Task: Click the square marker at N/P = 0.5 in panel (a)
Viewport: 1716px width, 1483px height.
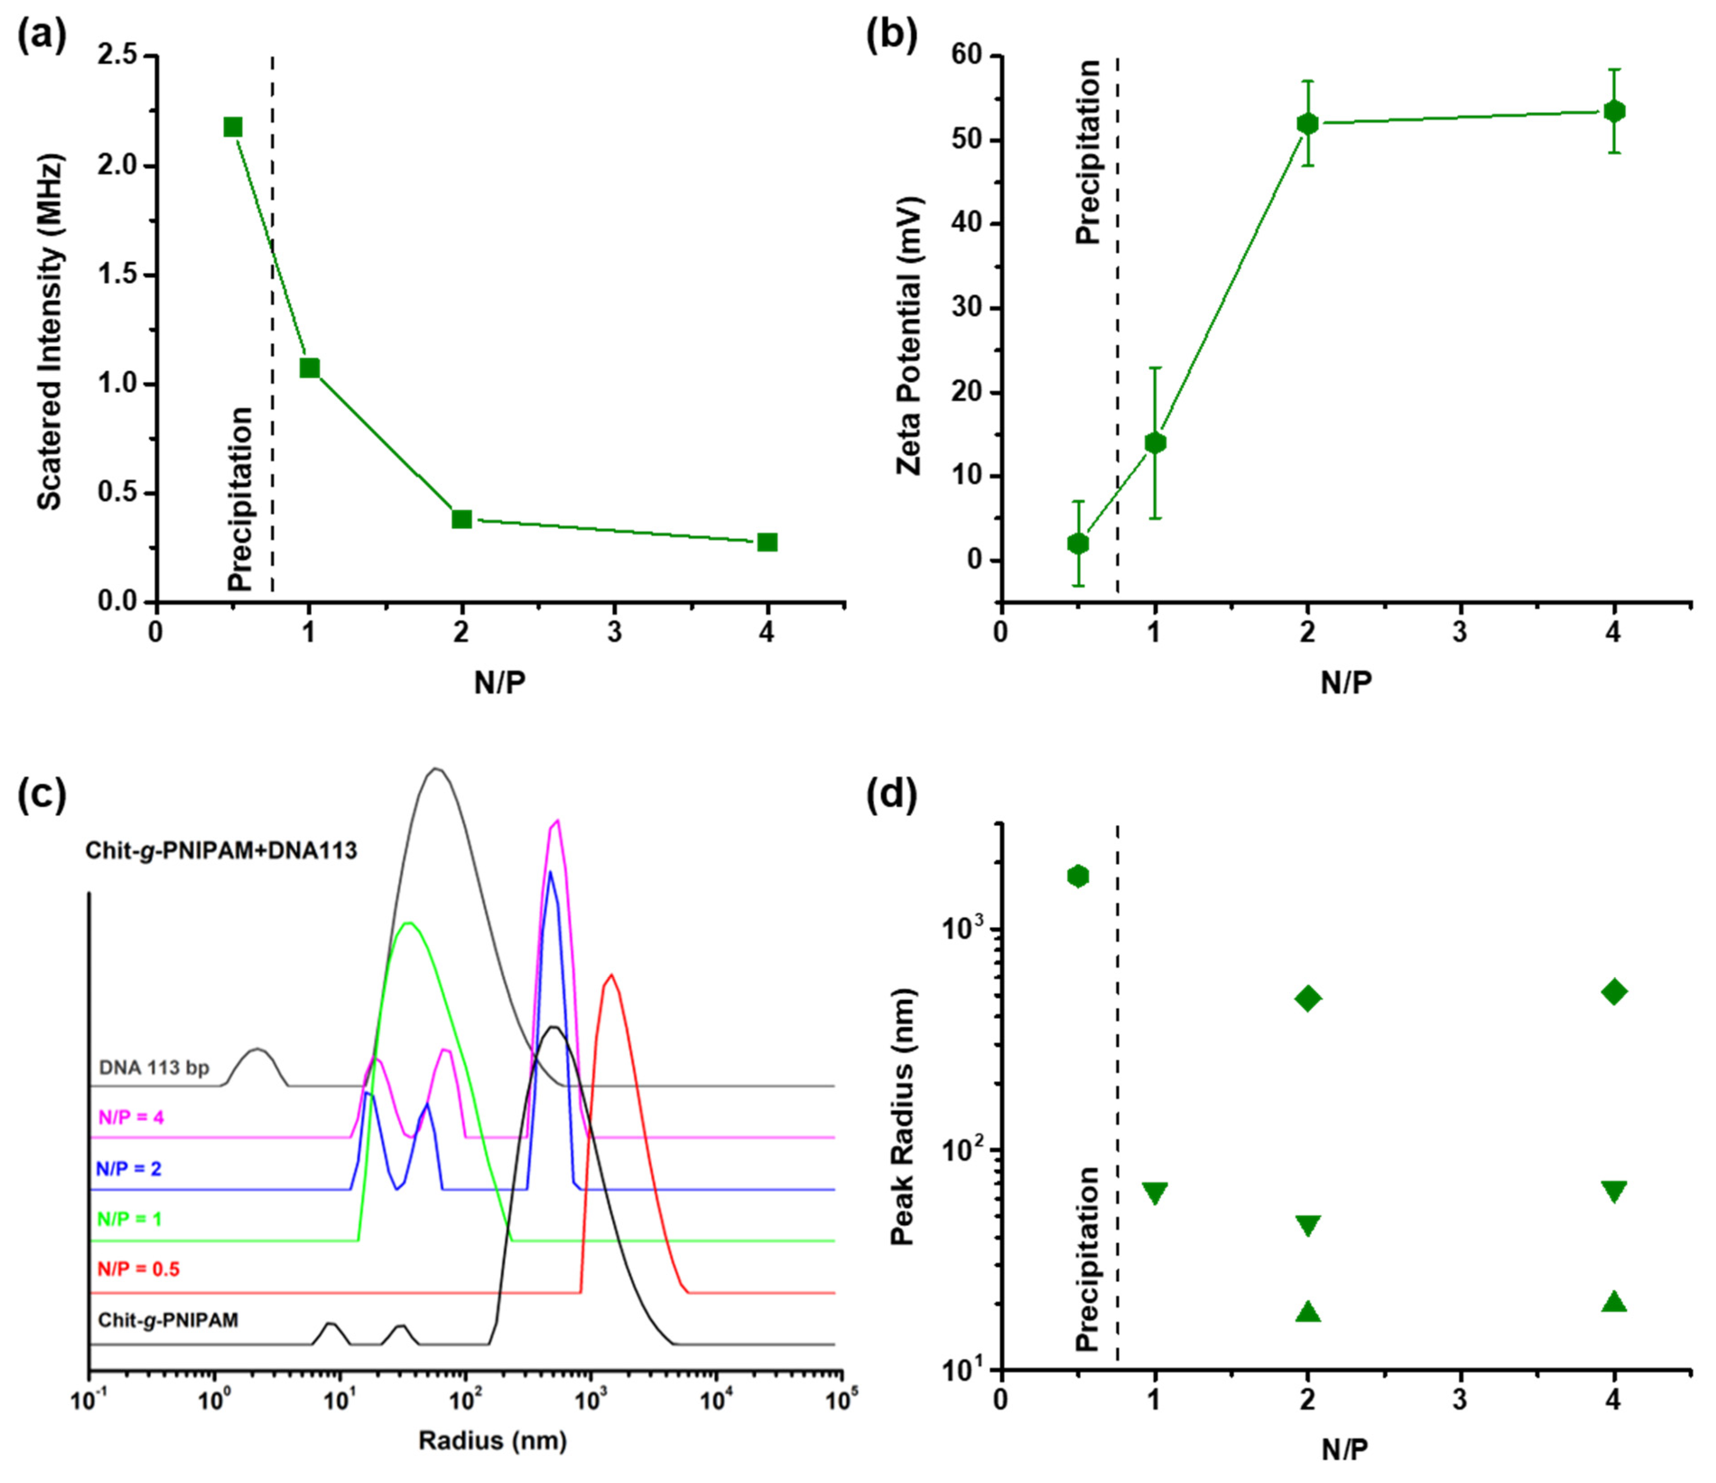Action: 233,127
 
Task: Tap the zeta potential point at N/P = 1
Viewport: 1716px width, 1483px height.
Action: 1155,443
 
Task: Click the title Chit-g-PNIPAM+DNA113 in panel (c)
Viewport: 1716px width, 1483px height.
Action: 221,851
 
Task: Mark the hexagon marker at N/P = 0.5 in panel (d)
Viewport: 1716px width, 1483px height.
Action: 1077,876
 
